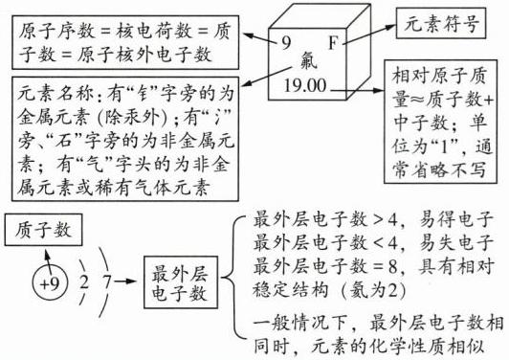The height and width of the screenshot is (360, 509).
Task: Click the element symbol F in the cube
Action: [x=333, y=42]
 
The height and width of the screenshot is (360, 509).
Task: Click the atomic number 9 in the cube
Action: [x=286, y=42]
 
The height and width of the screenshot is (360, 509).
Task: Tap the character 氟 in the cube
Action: [x=308, y=61]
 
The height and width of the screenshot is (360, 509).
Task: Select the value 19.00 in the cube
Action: [x=305, y=85]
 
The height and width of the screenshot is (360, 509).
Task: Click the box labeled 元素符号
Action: [x=441, y=23]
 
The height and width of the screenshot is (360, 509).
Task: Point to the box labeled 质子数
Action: [x=43, y=230]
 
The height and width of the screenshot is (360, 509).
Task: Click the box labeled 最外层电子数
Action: [x=181, y=282]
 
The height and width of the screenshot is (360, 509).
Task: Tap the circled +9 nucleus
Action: [x=50, y=283]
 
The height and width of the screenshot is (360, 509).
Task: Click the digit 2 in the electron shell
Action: [x=84, y=282]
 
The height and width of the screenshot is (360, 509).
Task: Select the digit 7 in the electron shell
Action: [x=107, y=282]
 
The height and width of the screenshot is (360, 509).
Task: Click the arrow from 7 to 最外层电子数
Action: [x=124, y=281]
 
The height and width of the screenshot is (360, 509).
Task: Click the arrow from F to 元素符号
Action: [x=368, y=34]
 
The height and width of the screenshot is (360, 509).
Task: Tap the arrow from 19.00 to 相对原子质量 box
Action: [x=358, y=90]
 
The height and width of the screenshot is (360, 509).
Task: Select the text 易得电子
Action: [x=456, y=220]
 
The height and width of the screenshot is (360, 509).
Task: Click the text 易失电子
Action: [x=456, y=243]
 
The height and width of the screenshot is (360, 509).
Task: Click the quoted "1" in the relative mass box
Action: [x=446, y=146]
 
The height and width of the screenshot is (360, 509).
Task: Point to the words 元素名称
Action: [x=55, y=94]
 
